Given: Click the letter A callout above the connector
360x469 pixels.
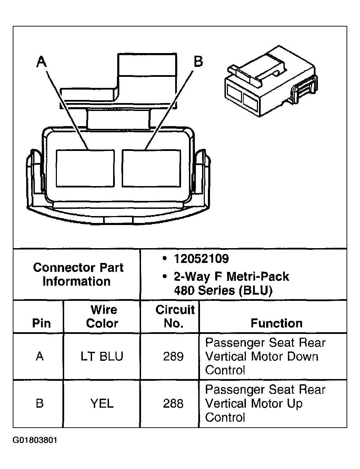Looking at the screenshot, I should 41,62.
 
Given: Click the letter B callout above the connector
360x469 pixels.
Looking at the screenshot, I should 198,62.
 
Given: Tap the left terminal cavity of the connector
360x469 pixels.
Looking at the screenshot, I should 85,168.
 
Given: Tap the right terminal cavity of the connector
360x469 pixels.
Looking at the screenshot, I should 151,168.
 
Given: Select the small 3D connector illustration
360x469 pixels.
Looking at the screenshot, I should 271,82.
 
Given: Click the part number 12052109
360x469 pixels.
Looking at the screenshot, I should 201,259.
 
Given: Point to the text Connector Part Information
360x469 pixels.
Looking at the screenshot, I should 78,274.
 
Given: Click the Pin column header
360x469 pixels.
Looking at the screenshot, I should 41,323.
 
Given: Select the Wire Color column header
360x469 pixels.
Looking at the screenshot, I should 102,316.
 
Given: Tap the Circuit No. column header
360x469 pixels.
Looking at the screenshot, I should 174,316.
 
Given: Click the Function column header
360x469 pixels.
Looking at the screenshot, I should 276,323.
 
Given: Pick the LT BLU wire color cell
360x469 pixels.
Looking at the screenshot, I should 102,356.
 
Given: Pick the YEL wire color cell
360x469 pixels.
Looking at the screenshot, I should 102,404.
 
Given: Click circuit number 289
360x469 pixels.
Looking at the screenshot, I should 173,356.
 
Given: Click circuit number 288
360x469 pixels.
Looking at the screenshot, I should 173,404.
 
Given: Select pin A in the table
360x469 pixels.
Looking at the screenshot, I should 40,356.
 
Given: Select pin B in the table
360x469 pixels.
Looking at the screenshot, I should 40,404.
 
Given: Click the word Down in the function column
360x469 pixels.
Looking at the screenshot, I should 302,356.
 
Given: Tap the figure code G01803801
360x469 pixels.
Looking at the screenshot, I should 35,440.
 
